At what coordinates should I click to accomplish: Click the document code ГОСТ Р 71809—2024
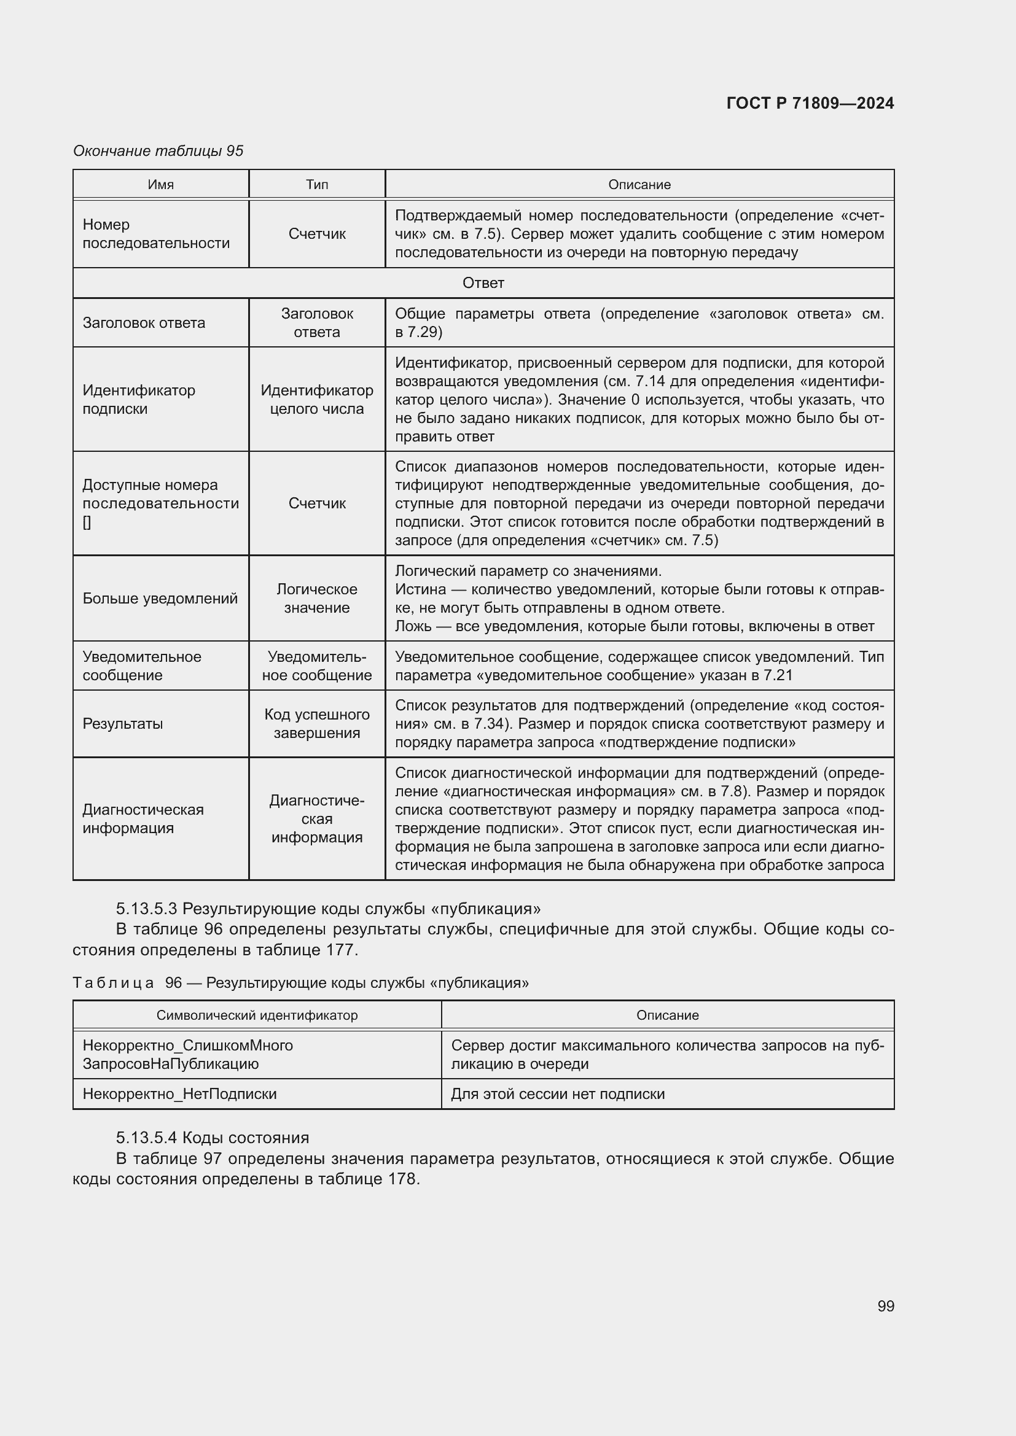click(x=810, y=103)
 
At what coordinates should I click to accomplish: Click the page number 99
click(x=885, y=1306)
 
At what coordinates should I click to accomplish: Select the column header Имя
click(x=161, y=185)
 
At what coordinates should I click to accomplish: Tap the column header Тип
click(x=316, y=185)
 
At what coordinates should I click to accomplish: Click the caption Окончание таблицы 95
click(x=158, y=151)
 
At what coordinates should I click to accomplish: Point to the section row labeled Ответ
click(x=483, y=282)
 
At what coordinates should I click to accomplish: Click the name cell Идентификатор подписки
click(x=139, y=399)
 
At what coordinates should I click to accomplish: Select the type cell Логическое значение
click(x=316, y=598)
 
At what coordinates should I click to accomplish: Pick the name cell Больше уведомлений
click(x=160, y=599)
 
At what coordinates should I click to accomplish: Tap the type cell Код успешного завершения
click(x=316, y=724)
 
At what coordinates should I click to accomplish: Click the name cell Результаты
click(x=123, y=724)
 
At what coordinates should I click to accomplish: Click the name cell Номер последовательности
click(x=156, y=233)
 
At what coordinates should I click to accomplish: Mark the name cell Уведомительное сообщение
click(x=142, y=666)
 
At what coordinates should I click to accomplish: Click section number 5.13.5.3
click(x=147, y=908)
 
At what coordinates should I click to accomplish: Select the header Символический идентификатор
click(x=257, y=1015)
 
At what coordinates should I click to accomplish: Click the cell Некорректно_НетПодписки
click(x=179, y=1094)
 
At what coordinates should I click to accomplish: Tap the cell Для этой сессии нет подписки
click(x=557, y=1094)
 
